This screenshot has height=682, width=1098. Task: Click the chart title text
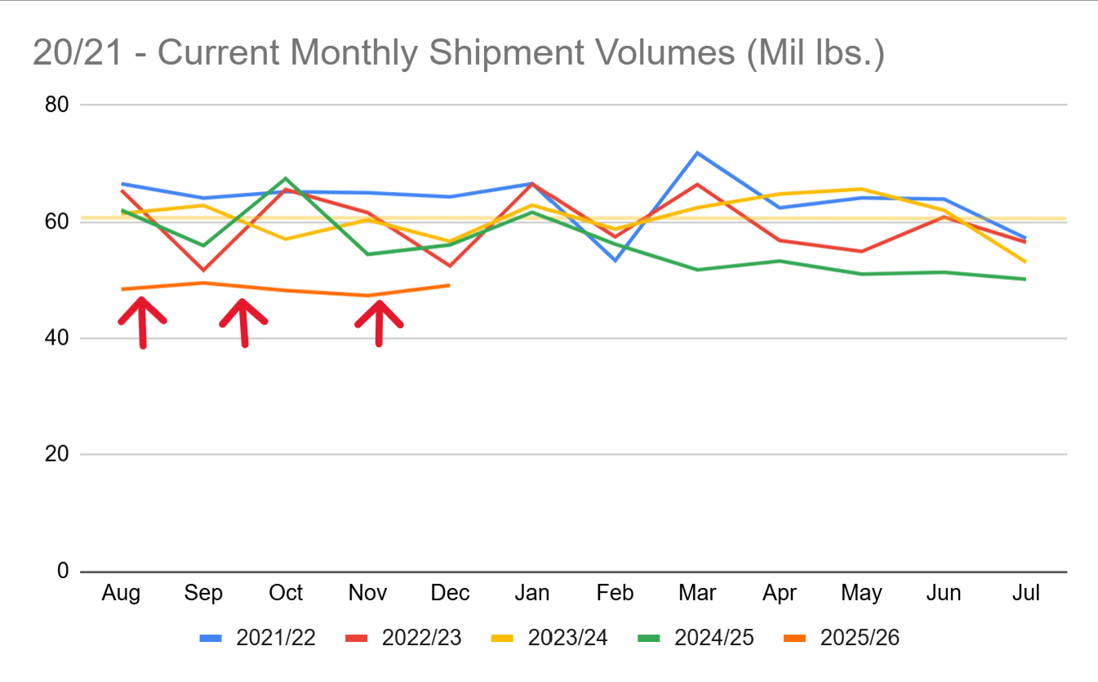click(x=459, y=54)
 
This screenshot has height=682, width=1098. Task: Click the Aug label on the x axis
click(x=121, y=593)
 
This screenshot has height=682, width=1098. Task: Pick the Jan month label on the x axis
click(x=532, y=593)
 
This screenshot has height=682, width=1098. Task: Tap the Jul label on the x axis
click(x=1025, y=593)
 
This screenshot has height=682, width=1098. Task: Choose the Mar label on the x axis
click(x=697, y=593)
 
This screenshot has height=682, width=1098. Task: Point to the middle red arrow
click(x=243, y=322)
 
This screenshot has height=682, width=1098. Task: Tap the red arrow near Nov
click(x=379, y=323)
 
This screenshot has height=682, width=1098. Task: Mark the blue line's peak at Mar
click(x=697, y=153)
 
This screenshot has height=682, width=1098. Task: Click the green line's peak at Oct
click(x=286, y=178)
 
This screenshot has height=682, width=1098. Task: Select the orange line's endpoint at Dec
click(x=449, y=285)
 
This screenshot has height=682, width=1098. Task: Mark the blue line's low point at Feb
click(x=615, y=261)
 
